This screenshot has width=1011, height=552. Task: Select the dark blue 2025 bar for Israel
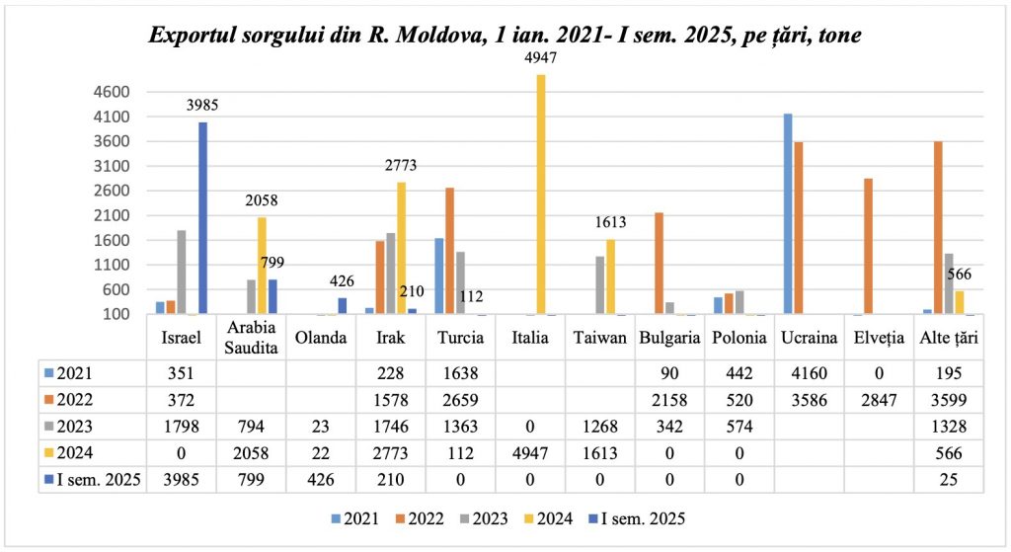[x=202, y=217]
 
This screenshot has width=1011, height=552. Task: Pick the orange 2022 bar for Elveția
[x=868, y=246]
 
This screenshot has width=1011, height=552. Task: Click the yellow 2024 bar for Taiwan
[x=610, y=276]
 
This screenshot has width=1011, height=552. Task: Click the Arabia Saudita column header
[x=250, y=337]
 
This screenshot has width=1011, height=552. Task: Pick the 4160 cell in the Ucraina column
[x=810, y=373]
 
